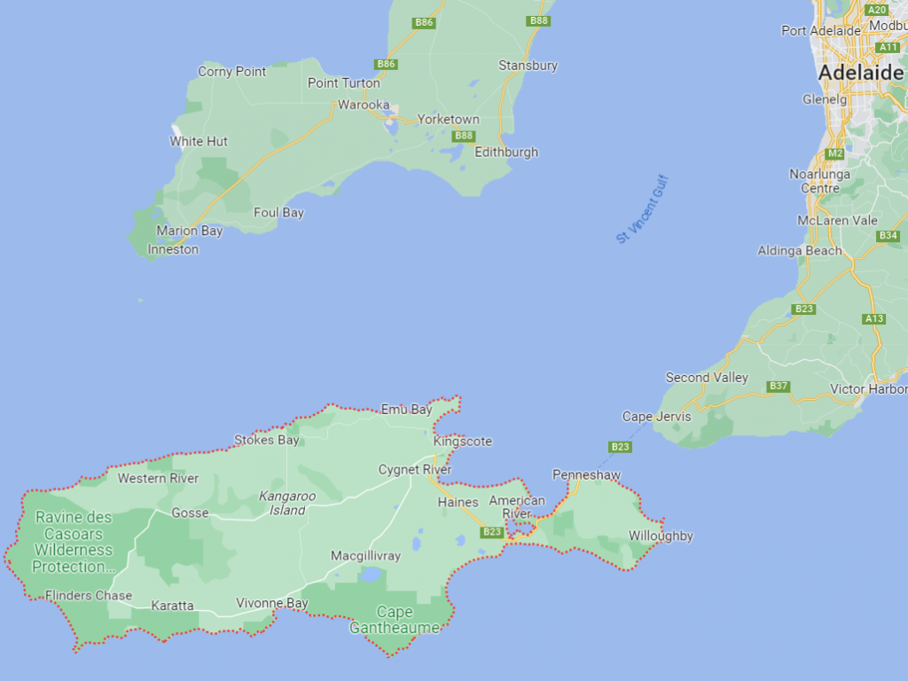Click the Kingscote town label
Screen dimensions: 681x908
click(x=462, y=442)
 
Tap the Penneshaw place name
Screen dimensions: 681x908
click(x=586, y=475)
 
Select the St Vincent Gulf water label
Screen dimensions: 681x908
click(x=644, y=209)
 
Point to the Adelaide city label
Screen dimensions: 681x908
click(x=861, y=73)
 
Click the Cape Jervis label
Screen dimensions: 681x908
click(x=652, y=417)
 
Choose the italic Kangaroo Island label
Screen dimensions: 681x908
click(x=288, y=503)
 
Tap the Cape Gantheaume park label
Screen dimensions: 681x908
click(x=395, y=620)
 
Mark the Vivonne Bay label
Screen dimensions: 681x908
click(x=271, y=604)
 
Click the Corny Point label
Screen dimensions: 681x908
click(x=231, y=72)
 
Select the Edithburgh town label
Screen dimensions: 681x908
click(x=506, y=152)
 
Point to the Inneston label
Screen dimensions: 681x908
click(x=173, y=249)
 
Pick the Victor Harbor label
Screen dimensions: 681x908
click(x=868, y=389)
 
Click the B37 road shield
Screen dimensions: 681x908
click(x=779, y=386)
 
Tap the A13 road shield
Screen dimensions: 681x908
click(x=873, y=318)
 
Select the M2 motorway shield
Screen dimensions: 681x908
click(x=834, y=153)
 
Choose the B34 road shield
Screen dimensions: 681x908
click(x=888, y=236)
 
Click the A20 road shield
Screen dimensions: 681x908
click(x=877, y=10)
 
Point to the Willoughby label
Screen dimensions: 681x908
click(x=661, y=536)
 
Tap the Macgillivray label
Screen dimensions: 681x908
click(x=365, y=556)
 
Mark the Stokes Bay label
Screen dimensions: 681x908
click(x=266, y=440)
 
